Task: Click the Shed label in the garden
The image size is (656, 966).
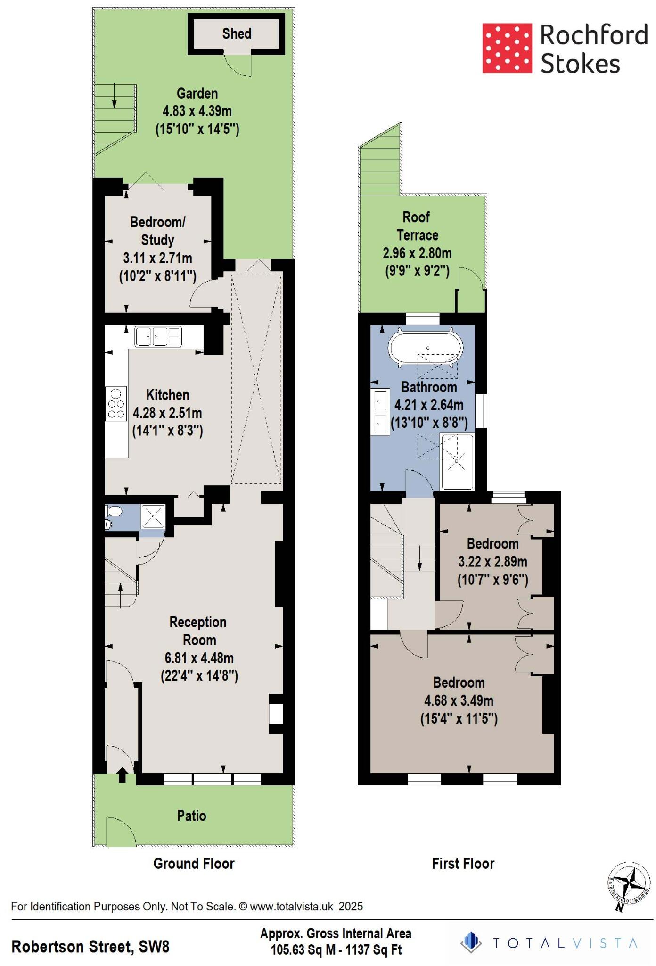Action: (237, 33)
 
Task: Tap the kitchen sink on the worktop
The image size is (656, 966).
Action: (158, 337)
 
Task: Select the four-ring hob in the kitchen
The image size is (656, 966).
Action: (116, 404)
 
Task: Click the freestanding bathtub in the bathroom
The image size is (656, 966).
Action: (426, 349)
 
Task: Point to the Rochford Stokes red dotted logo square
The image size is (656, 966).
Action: (507, 49)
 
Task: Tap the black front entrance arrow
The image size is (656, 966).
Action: (122, 774)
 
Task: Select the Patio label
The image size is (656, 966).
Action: (191, 816)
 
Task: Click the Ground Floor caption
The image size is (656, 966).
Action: (194, 864)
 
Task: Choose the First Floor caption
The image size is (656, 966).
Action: (463, 864)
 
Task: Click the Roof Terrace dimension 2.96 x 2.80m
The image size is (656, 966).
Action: (417, 253)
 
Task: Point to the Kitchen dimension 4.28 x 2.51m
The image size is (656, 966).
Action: (167, 413)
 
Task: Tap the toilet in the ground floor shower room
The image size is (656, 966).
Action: (113, 511)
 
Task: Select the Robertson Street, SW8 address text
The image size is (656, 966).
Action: (90, 947)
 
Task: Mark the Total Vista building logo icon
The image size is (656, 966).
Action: (471, 942)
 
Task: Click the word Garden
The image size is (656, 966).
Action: (197, 93)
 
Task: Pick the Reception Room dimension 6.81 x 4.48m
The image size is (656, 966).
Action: (199, 658)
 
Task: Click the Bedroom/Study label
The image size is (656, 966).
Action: (157, 231)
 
